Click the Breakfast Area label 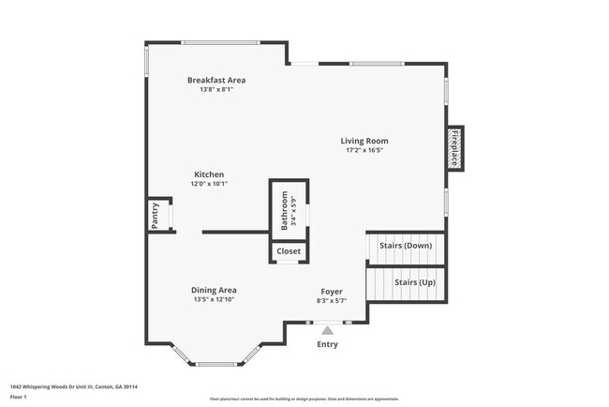[x=215, y=81]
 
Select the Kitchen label [x=209, y=174]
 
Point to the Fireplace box [x=454, y=147]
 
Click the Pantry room [x=156, y=215]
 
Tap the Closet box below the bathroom [x=289, y=251]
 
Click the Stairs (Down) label [x=405, y=246]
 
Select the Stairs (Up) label [x=412, y=281]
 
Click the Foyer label [x=333, y=291]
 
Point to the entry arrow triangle [x=327, y=330]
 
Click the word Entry [x=327, y=344]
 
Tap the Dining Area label [x=214, y=290]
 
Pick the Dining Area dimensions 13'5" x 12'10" [x=214, y=300]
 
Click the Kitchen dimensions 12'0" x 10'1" [x=209, y=184]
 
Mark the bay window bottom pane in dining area [x=220, y=364]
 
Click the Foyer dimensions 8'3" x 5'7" [x=333, y=300]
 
